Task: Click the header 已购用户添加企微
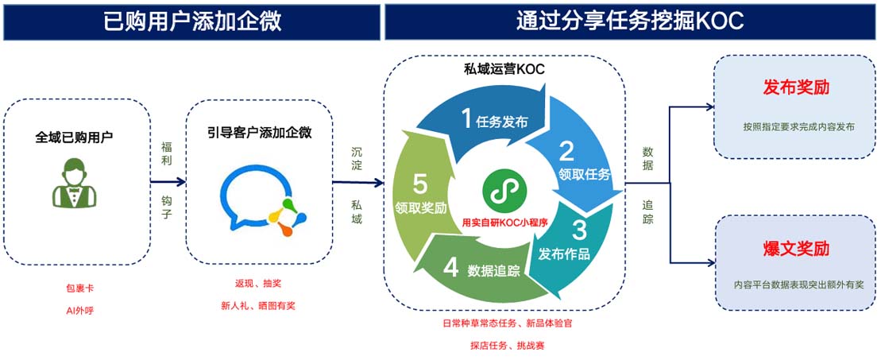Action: click(191, 21)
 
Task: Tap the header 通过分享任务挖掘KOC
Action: click(629, 21)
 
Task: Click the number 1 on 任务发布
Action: click(466, 118)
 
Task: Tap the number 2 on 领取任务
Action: click(566, 150)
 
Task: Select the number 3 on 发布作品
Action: click(580, 230)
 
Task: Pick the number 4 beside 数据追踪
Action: click(451, 268)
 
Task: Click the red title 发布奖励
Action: click(796, 87)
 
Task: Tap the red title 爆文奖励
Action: click(796, 248)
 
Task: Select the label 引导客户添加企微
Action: click(259, 133)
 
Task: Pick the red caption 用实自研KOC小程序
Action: click(505, 223)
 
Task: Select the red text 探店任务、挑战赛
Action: click(505, 346)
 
